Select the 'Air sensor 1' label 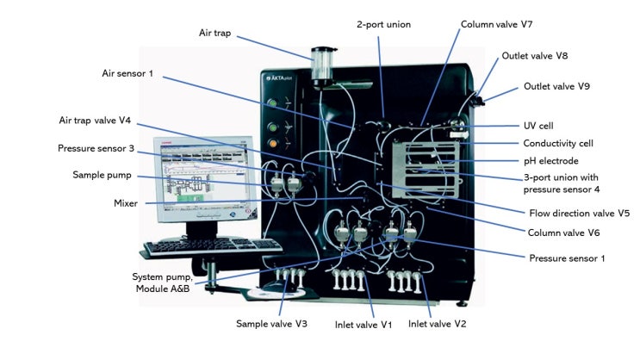tap(127, 74)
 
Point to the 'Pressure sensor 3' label tap(96, 149)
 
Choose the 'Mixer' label tap(126, 203)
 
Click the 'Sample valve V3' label tap(272, 324)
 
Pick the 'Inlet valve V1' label tap(363, 324)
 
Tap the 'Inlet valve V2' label tap(437, 324)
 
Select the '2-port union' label tap(384, 25)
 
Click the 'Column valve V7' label tap(503, 25)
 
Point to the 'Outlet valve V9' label tap(556, 86)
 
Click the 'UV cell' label tap(541, 126)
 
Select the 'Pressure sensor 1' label tap(568, 257)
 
